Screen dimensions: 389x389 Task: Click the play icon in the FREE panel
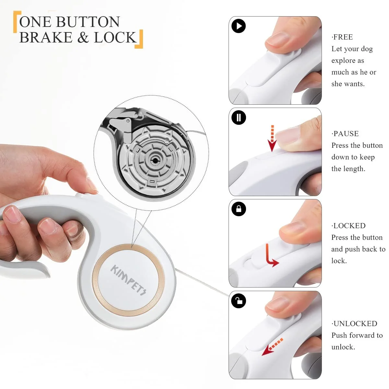coord(238,26)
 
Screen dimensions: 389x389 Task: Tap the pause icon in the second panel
coord(239,117)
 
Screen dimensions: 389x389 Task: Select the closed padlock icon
coord(239,209)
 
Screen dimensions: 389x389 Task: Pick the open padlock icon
coord(239,301)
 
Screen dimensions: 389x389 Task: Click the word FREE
coord(343,37)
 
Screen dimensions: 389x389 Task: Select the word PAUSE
coord(346,134)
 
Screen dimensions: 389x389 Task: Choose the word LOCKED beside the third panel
coord(349,226)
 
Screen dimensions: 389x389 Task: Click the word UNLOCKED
coord(355,324)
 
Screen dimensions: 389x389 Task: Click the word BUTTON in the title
coord(88,22)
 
